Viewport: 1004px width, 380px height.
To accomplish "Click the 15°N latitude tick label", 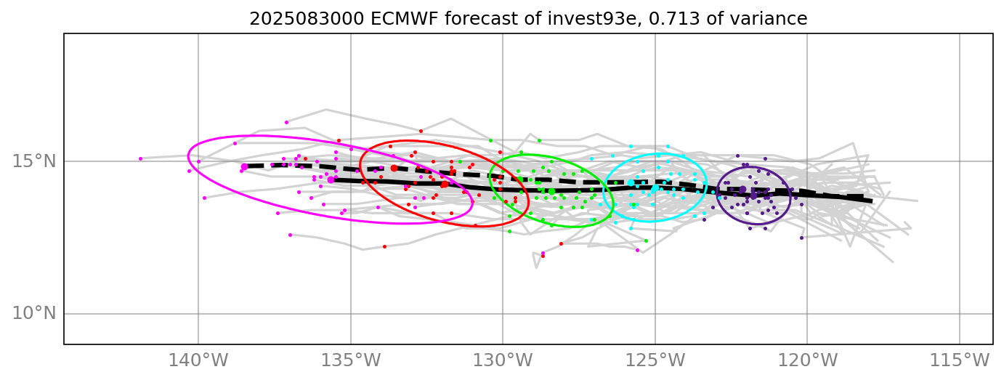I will point(33,161).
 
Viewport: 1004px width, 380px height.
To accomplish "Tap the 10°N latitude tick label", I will point(33,314).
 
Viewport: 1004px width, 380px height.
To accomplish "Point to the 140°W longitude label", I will point(199,360).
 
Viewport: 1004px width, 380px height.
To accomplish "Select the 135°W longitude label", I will point(351,360).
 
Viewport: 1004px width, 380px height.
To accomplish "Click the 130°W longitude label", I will point(503,360).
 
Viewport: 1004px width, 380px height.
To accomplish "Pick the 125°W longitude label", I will point(655,360).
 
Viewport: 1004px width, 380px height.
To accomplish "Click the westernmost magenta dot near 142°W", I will point(140,158).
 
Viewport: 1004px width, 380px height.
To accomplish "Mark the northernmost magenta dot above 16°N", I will point(286,122).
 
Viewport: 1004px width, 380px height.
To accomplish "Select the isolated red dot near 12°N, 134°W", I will point(384,246).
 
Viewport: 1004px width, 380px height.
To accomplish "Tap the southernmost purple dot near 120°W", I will point(801,238).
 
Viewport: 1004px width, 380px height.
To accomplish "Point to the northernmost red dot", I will point(421,131).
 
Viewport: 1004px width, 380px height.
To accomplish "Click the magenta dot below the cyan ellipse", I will point(637,250).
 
